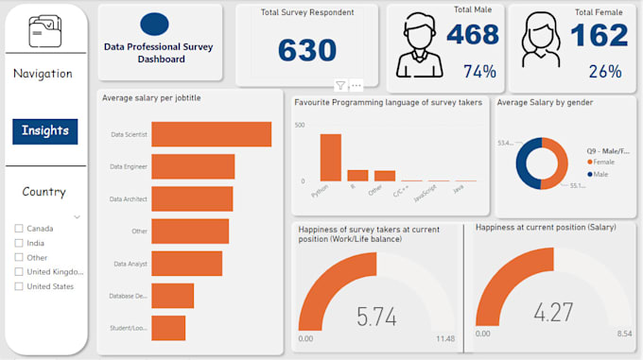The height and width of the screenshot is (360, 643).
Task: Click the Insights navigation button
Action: click(45, 131)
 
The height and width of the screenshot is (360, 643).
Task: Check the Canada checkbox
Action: click(19, 229)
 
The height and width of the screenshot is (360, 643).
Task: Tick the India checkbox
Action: click(19, 243)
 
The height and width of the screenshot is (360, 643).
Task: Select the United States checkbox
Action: click(19, 286)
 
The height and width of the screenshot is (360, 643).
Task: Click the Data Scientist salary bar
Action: click(211, 134)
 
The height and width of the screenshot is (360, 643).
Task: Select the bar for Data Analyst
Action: click(186, 264)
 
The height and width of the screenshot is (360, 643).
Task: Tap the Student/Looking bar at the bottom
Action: click(168, 328)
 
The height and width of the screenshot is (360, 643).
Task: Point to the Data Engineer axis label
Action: click(128, 167)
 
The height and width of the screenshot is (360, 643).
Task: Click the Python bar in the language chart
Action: click(330, 157)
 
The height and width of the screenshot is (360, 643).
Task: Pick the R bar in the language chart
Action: click(357, 175)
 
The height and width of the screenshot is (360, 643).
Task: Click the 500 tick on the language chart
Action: click(300, 125)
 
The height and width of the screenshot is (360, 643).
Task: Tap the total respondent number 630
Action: click(307, 50)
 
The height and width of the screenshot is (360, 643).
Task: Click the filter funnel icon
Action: click(340, 85)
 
